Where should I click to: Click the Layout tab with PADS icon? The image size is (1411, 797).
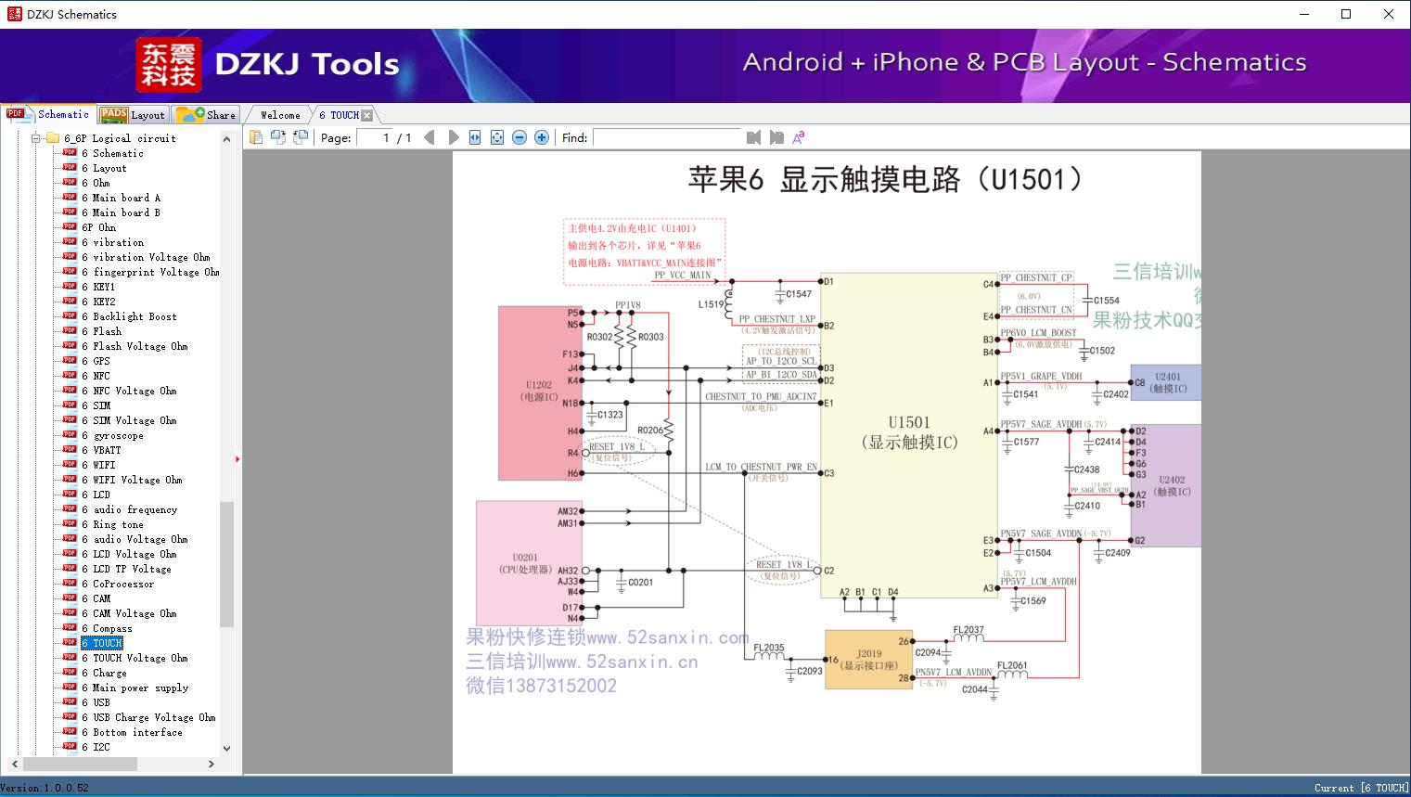(x=134, y=115)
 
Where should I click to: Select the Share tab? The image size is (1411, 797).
(x=207, y=115)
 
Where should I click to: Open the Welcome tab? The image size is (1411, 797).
(x=279, y=115)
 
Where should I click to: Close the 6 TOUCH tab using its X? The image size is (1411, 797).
(x=367, y=115)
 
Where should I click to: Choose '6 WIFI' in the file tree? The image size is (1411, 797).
(x=104, y=465)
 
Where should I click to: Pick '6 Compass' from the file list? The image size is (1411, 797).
(x=112, y=628)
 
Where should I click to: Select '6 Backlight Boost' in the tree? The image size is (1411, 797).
(x=135, y=316)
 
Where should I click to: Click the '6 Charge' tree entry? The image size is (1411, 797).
(x=109, y=673)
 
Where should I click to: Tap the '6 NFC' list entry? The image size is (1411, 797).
(x=101, y=376)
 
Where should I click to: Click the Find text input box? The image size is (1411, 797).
(x=666, y=137)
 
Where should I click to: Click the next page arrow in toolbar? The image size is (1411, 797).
(x=454, y=137)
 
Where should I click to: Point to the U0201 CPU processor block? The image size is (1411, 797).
(x=525, y=563)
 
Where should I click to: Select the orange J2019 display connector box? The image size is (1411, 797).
(x=868, y=659)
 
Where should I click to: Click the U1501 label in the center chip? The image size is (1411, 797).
(x=908, y=422)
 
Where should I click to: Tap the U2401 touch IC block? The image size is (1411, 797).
(x=1166, y=382)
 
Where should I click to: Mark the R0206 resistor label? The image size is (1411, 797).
(x=650, y=431)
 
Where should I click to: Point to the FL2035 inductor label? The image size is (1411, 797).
(x=768, y=648)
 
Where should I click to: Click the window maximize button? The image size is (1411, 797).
(x=1346, y=14)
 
